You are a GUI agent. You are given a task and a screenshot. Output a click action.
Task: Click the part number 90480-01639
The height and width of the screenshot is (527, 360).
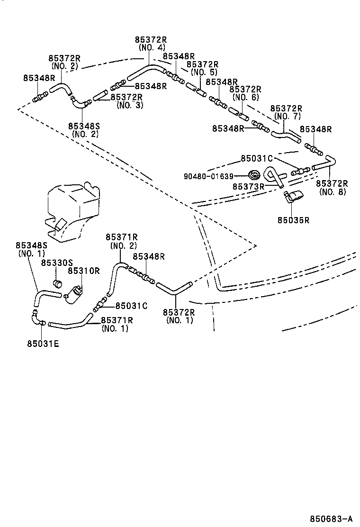coord(209,176)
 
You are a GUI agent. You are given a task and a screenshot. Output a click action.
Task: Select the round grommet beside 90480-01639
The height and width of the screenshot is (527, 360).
coord(255,174)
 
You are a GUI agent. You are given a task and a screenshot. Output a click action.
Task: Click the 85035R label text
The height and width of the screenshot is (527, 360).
coord(293,220)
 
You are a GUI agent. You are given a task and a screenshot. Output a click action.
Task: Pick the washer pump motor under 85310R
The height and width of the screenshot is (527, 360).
coord(75,294)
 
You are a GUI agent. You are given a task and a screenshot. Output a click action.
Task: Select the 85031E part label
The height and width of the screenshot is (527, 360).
coord(43,344)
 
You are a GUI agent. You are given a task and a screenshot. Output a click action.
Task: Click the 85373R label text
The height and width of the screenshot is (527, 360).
coord(248,187)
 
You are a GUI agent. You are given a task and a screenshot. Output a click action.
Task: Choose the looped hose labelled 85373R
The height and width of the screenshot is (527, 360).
coord(274,176)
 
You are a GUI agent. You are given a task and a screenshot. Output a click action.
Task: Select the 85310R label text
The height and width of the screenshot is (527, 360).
coord(84,271)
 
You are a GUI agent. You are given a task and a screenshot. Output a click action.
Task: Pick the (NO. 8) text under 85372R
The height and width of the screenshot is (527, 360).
coord(333,192)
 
